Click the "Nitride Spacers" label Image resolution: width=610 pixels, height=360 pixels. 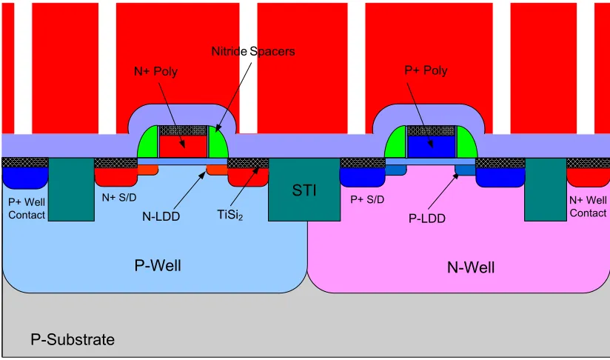click(x=253, y=51)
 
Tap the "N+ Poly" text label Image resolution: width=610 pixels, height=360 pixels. click(x=155, y=71)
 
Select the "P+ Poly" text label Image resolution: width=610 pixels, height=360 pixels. click(x=426, y=70)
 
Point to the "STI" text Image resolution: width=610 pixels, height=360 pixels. click(x=304, y=190)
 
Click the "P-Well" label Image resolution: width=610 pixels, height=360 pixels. click(x=158, y=265)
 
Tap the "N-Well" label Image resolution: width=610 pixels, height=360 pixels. click(x=471, y=267)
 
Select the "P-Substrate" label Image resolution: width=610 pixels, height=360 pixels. click(x=73, y=339)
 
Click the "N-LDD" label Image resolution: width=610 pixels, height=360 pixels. click(x=161, y=216)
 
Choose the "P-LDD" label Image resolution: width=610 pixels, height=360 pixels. click(x=426, y=219)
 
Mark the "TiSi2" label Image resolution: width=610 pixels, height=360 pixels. click(x=230, y=215)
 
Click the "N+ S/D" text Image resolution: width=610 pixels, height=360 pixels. click(x=119, y=198)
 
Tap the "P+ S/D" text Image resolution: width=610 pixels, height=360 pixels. click(x=367, y=200)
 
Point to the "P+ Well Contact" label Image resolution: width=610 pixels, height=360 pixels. click(x=27, y=209)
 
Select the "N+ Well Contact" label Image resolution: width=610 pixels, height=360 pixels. click(x=588, y=207)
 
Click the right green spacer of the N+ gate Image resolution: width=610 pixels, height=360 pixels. click(x=218, y=143)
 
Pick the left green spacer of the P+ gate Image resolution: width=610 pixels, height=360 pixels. click(x=395, y=143)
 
